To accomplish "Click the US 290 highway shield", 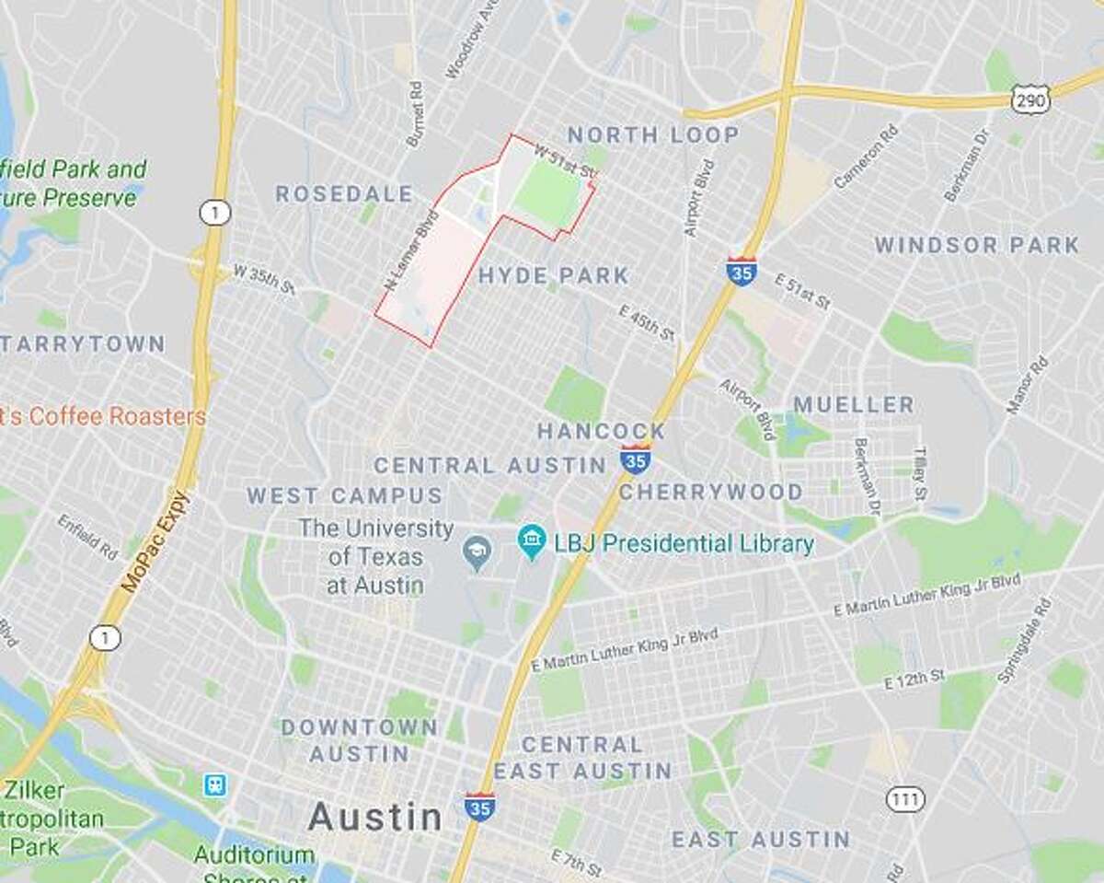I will (x=1030, y=100).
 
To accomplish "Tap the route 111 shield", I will (x=905, y=798).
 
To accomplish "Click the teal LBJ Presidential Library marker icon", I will (x=531, y=541).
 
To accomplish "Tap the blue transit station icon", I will (x=215, y=784).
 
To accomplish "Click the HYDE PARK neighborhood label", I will (x=553, y=275).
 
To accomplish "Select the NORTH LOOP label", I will (x=652, y=135).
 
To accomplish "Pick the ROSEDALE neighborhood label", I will (x=344, y=193).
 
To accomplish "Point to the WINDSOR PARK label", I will (x=976, y=245).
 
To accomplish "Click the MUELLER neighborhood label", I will (x=854, y=404).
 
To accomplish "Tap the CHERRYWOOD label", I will (x=710, y=492).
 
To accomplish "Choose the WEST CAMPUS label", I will (x=344, y=495).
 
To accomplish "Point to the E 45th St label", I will (x=647, y=323).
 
